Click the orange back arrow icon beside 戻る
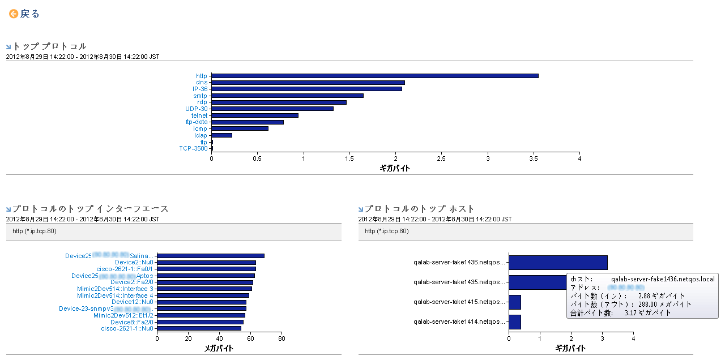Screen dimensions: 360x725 tap(14, 14)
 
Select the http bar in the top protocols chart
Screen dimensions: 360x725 tap(374, 76)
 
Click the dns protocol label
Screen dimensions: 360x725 tap(202, 83)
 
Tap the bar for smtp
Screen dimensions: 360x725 tap(287, 96)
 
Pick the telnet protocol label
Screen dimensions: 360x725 tap(199, 115)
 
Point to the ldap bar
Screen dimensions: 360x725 tap(221, 135)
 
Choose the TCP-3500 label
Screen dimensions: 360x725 tap(193, 148)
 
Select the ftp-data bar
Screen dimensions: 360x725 tap(247, 122)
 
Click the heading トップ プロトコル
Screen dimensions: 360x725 tap(49, 46)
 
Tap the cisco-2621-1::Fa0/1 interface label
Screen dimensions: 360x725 tap(125, 269)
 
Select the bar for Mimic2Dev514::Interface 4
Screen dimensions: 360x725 tap(203, 295)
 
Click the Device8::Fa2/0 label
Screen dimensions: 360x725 tap(131, 322)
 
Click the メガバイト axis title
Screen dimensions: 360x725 tap(219, 349)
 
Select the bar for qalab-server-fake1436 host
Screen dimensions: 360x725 tap(558, 263)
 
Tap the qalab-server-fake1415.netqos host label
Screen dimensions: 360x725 tap(459, 302)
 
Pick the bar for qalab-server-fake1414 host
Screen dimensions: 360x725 tap(515, 322)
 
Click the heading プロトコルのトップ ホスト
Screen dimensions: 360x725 tap(419, 209)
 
